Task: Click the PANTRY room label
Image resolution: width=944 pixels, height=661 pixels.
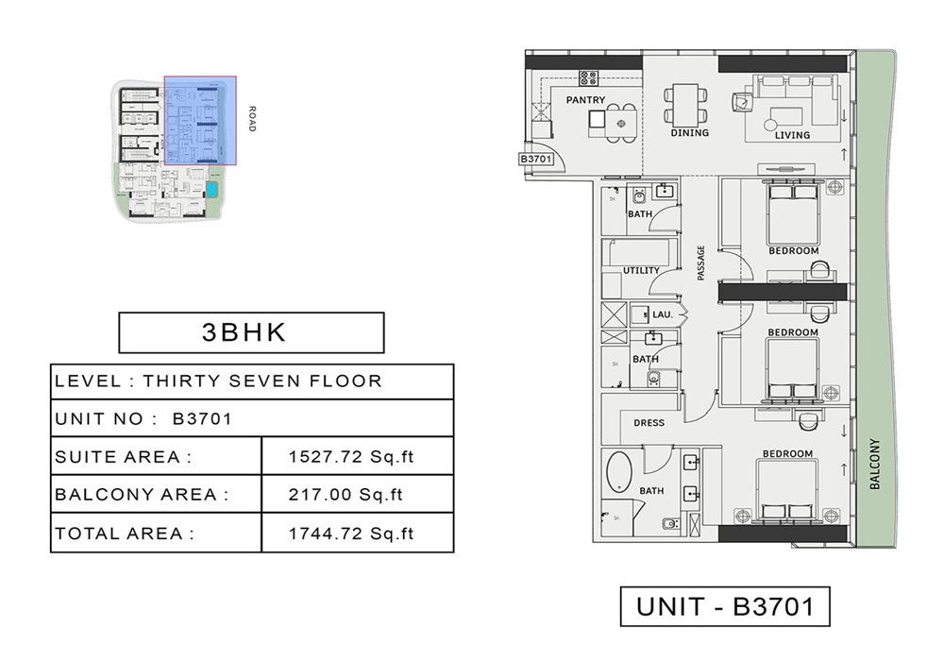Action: (585, 99)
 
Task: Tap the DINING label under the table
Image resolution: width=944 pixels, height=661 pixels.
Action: (689, 133)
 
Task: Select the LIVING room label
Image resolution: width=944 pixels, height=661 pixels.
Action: (792, 135)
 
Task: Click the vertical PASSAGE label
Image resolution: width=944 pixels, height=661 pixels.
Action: (701, 263)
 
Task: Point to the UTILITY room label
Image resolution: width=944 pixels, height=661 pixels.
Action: (641, 271)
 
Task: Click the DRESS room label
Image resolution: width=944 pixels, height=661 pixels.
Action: (649, 423)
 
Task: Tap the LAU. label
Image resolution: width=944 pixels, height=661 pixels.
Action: (663, 314)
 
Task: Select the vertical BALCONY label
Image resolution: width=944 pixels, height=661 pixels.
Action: (874, 463)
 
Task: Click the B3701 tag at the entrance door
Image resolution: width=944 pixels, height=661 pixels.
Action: (534, 160)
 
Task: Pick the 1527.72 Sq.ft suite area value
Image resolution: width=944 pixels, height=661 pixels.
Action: (351, 457)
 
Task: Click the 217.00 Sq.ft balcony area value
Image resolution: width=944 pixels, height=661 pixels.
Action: (346, 494)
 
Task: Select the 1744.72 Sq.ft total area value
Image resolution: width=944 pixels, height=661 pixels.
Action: (351, 534)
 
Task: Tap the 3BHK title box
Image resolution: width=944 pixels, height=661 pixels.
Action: (250, 332)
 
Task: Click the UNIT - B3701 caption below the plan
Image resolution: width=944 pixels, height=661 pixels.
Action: (724, 606)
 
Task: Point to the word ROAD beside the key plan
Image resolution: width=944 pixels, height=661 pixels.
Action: (251, 118)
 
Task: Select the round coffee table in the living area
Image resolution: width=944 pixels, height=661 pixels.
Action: (771, 123)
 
